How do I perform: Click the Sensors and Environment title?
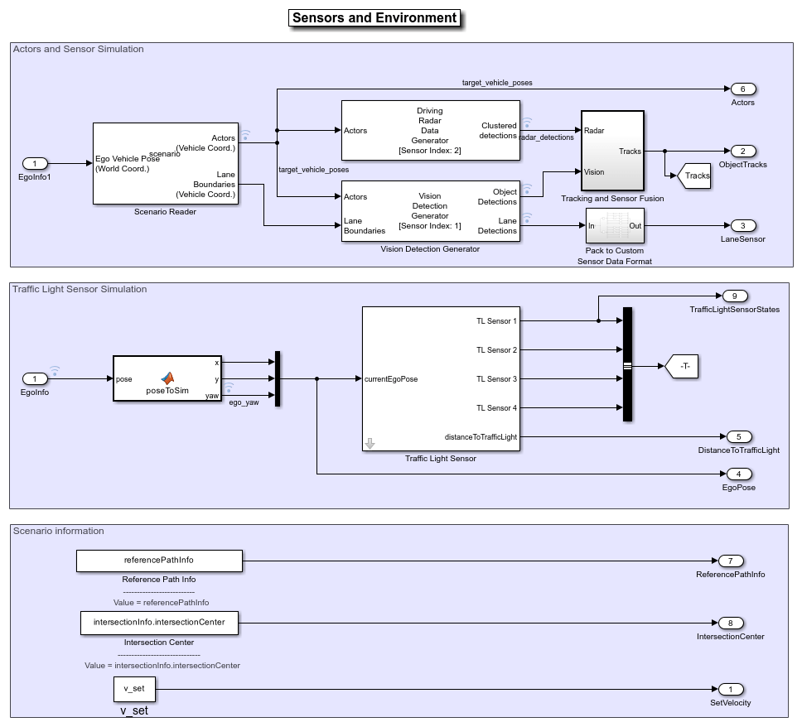point(374,18)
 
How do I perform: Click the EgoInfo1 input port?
point(35,164)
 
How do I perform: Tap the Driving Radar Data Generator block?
point(431,130)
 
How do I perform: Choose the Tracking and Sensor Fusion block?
point(613,151)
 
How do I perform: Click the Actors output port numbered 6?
point(742,89)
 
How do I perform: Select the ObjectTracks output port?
point(742,152)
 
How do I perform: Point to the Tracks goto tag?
point(694,176)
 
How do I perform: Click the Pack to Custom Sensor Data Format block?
point(614,225)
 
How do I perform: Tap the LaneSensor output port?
point(742,226)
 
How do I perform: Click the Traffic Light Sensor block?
point(441,378)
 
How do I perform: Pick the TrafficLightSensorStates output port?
point(734,296)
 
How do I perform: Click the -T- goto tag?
point(683,365)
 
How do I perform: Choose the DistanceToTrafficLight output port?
point(738,437)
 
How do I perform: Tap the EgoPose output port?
point(738,474)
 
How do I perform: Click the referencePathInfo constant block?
point(159,561)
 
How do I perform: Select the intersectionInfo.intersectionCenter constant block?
point(159,623)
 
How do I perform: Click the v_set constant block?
point(134,689)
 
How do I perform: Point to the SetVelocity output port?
point(730,690)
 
